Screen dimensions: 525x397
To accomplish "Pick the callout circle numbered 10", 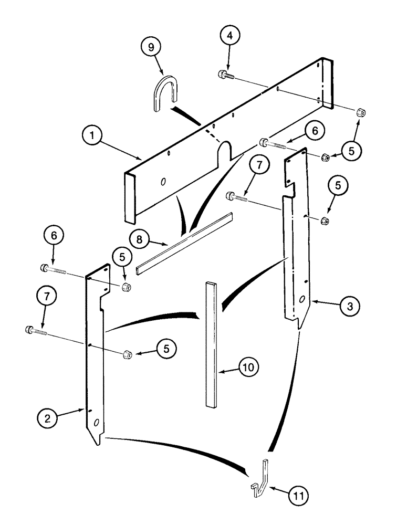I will pos(249,367).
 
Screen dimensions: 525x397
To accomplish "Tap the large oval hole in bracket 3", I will pos(302,299).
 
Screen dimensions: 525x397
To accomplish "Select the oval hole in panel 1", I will pos(163,181).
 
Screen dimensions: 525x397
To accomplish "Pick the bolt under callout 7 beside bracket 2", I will pos(35,331).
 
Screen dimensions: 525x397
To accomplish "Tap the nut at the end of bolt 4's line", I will pos(361,112).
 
